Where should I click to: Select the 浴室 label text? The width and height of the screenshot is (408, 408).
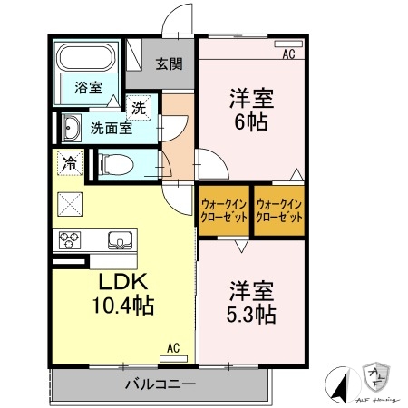tap(87, 88)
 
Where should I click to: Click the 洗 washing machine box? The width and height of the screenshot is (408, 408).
tap(139, 108)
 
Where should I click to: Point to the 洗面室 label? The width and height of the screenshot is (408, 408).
tap(110, 128)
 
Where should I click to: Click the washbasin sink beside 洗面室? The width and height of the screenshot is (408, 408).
tap(71, 127)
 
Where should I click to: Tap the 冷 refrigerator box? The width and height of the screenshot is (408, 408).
tap(69, 163)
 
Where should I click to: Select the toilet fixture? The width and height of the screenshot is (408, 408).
tap(116, 165)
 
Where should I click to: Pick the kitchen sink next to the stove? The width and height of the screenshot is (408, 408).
tap(119, 240)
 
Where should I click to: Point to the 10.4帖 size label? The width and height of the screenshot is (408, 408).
tap(121, 306)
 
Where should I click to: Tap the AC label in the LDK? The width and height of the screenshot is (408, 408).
tap(173, 345)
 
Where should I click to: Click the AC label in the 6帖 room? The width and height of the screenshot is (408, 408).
tap(288, 54)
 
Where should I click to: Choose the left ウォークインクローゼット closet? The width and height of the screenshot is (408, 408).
tap(223, 211)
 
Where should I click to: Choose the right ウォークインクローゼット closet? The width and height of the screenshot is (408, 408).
tap(278, 211)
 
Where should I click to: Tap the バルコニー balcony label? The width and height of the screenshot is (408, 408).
tap(160, 384)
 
